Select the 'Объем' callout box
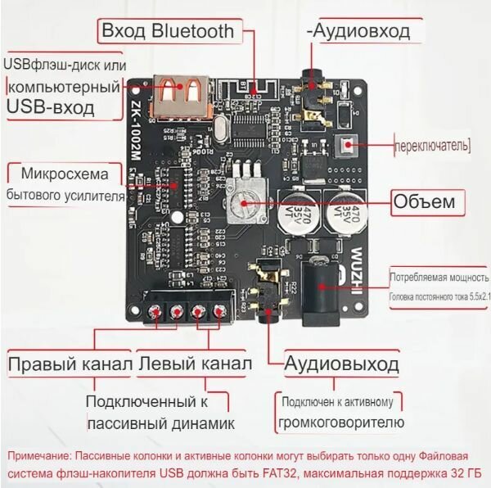[427, 201]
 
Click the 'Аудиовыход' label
[342, 364]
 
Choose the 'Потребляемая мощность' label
[437, 277]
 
